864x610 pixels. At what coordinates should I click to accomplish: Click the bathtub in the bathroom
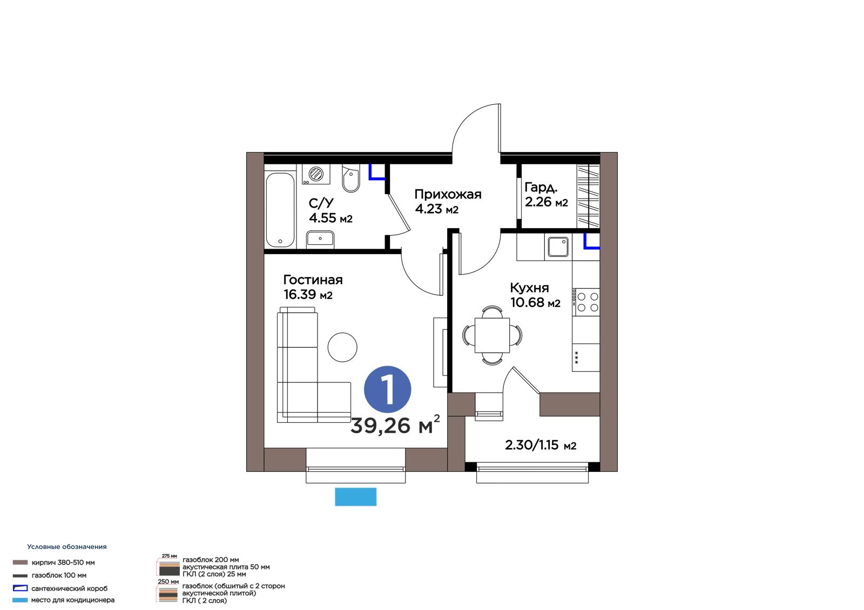pyautogui.click(x=280, y=210)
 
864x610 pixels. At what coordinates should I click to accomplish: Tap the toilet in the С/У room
pyautogui.click(x=351, y=179)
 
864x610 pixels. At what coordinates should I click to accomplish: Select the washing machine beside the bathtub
pyautogui.click(x=316, y=174)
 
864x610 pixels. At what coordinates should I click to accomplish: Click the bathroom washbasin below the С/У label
pyautogui.click(x=320, y=239)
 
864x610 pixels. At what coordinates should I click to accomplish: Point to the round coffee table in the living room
pyautogui.click(x=342, y=347)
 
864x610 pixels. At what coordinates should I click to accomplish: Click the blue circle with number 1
pyautogui.click(x=387, y=389)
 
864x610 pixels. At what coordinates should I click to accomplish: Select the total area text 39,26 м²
pyautogui.click(x=395, y=425)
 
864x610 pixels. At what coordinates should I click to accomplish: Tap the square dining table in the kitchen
pyautogui.click(x=492, y=335)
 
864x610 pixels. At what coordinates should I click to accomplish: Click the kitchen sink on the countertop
pyautogui.click(x=558, y=247)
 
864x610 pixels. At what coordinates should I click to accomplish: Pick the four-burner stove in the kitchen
pyautogui.click(x=586, y=302)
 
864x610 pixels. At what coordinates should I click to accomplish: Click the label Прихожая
pyautogui.click(x=448, y=194)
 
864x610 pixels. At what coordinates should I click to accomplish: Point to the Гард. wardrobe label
pyautogui.click(x=541, y=188)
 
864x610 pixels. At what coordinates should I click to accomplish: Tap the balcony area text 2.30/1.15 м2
pyautogui.click(x=541, y=445)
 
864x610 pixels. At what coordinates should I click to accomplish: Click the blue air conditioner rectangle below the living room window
pyautogui.click(x=356, y=497)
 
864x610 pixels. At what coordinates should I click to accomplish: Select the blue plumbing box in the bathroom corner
pyautogui.click(x=377, y=172)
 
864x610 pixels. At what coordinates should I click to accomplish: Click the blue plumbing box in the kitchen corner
pyautogui.click(x=592, y=241)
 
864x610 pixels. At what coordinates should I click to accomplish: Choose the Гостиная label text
pyautogui.click(x=313, y=280)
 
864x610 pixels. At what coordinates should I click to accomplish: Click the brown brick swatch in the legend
pyautogui.click(x=20, y=563)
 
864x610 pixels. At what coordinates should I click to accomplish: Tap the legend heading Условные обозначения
pyautogui.click(x=67, y=547)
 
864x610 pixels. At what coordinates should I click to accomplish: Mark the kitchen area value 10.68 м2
pyautogui.click(x=535, y=303)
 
